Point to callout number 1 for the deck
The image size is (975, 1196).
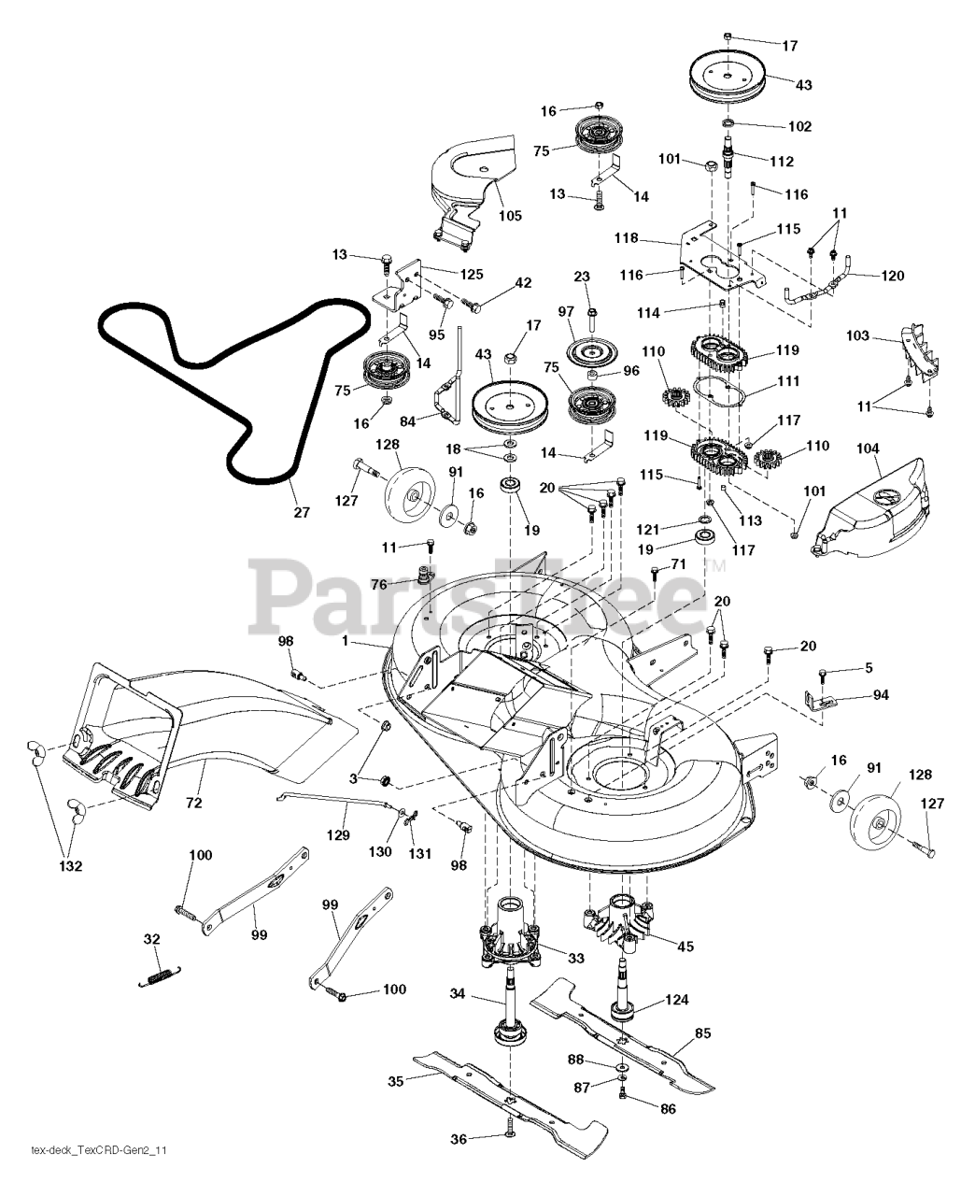point(346,641)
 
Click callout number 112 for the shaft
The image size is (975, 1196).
point(782,161)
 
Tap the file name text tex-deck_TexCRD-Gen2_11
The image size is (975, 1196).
point(99,1175)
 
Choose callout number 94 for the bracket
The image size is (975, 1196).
point(881,695)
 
